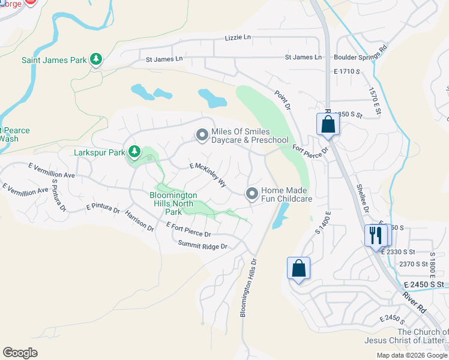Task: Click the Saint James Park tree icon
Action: tap(95, 59)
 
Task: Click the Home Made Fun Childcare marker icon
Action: tap(252, 193)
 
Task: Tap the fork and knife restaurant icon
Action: tap(375, 235)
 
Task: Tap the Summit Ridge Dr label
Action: tap(203, 246)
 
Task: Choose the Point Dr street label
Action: tap(283, 100)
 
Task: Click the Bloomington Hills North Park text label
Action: tap(173, 203)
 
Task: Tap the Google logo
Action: tap(20, 352)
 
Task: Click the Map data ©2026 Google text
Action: tap(412, 355)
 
